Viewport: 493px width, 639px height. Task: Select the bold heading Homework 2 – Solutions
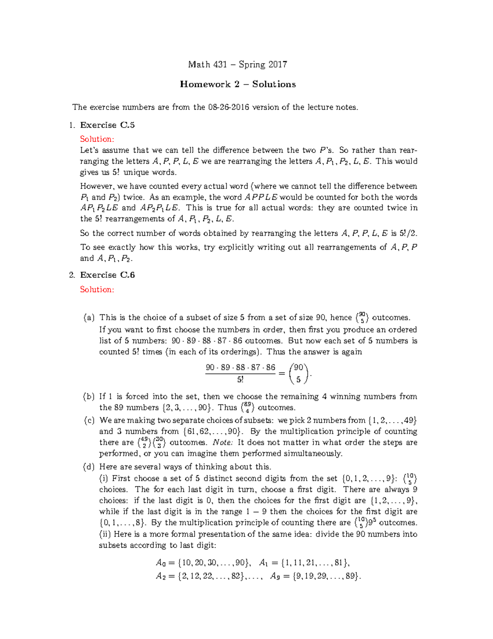click(238, 84)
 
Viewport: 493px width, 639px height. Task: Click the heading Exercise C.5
click(107, 125)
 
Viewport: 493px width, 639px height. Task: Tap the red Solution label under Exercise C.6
click(97, 290)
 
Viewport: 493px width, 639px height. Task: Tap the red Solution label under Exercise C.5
click(97, 139)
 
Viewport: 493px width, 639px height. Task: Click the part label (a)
click(89, 318)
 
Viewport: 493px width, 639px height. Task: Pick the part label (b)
click(89, 397)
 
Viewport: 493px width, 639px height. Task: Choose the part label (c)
click(89, 421)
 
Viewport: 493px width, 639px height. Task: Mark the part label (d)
click(89, 467)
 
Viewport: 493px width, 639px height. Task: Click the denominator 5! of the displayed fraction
click(240, 379)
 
